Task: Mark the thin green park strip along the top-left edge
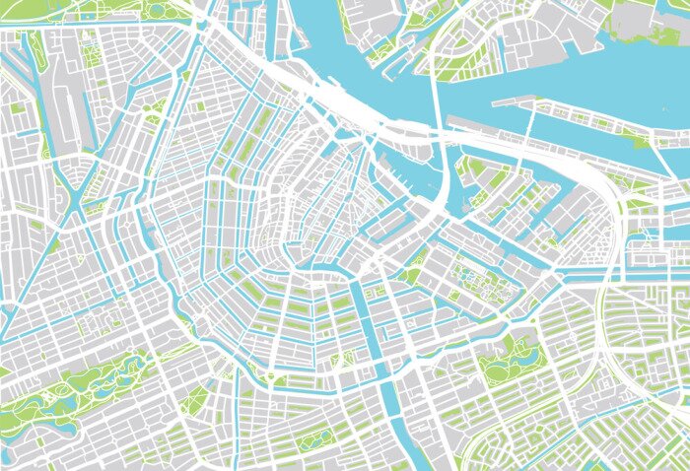click(x=148, y=10)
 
